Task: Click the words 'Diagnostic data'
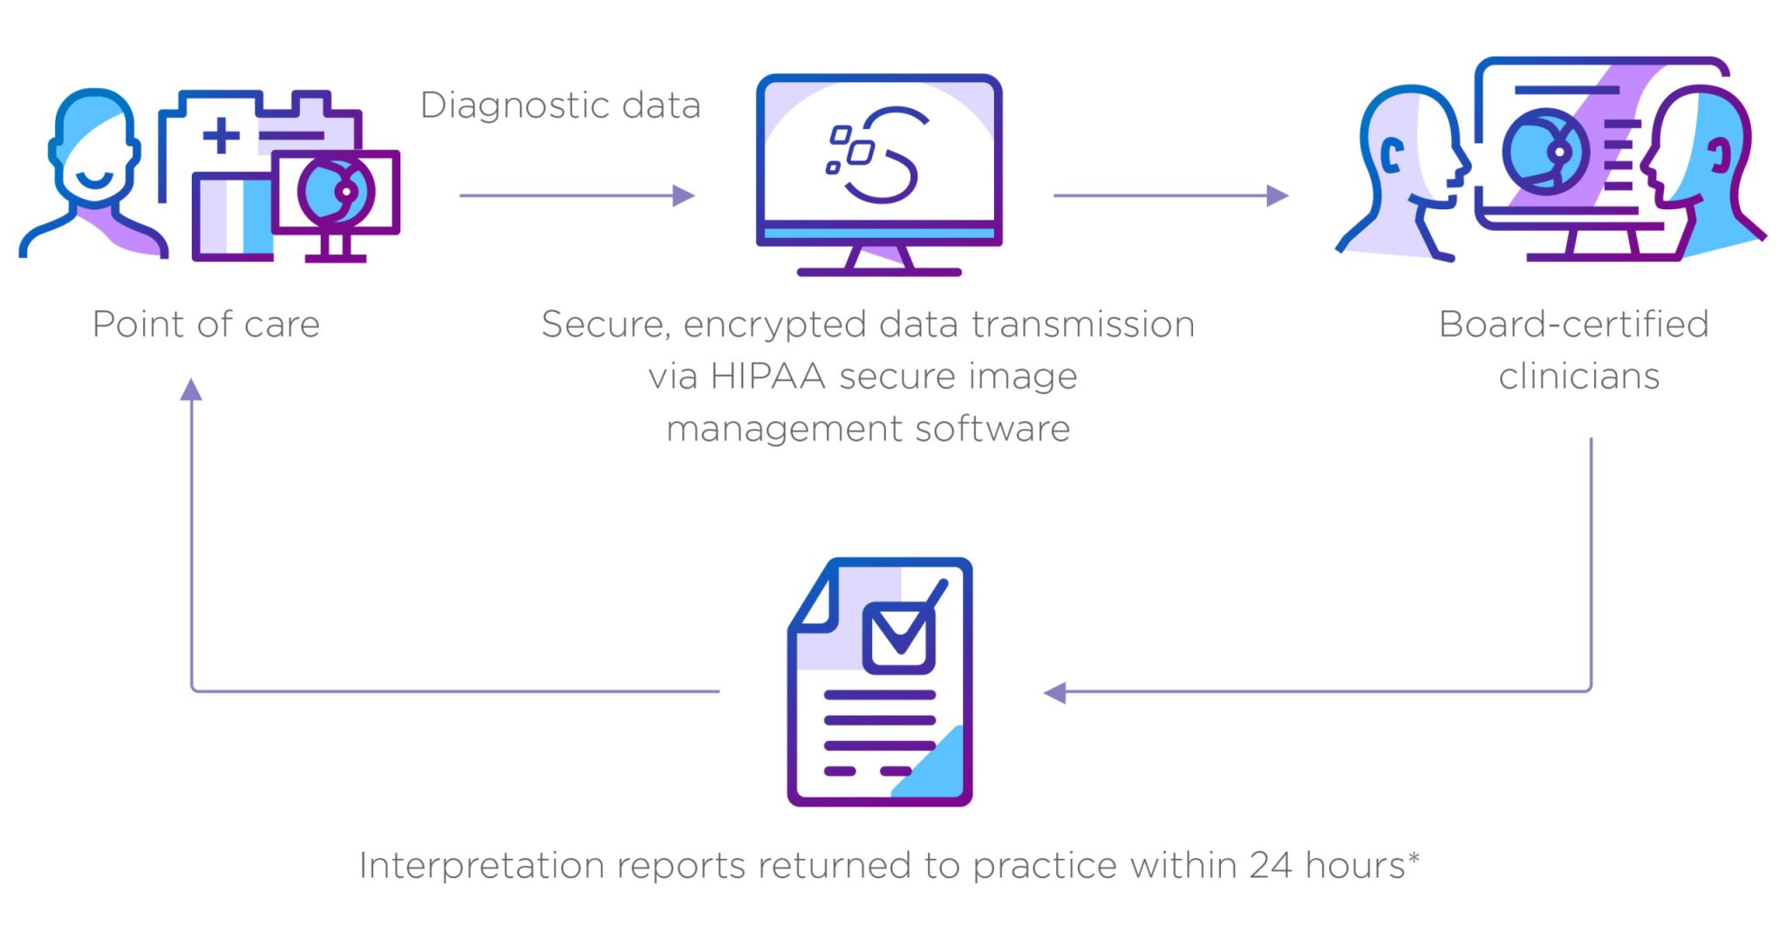(x=560, y=105)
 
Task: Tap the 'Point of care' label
(x=206, y=324)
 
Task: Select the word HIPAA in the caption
(x=767, y=377)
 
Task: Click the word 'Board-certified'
(x=1573, y=324)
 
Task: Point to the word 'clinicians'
(x=1578, y=377)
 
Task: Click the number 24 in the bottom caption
(x=1270, y=866)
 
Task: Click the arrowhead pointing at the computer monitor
(x=684, y=195)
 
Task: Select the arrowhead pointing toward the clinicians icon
(x=1278, y=195)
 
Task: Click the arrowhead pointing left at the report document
(x=1055, y=693)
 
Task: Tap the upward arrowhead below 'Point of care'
(x=191, y=390)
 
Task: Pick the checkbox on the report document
(x=899, y=637)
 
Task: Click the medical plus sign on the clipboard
(x=222, y=135)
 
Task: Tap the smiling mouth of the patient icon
(x=93, y=180)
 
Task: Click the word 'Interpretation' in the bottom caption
(x=481, y=866)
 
